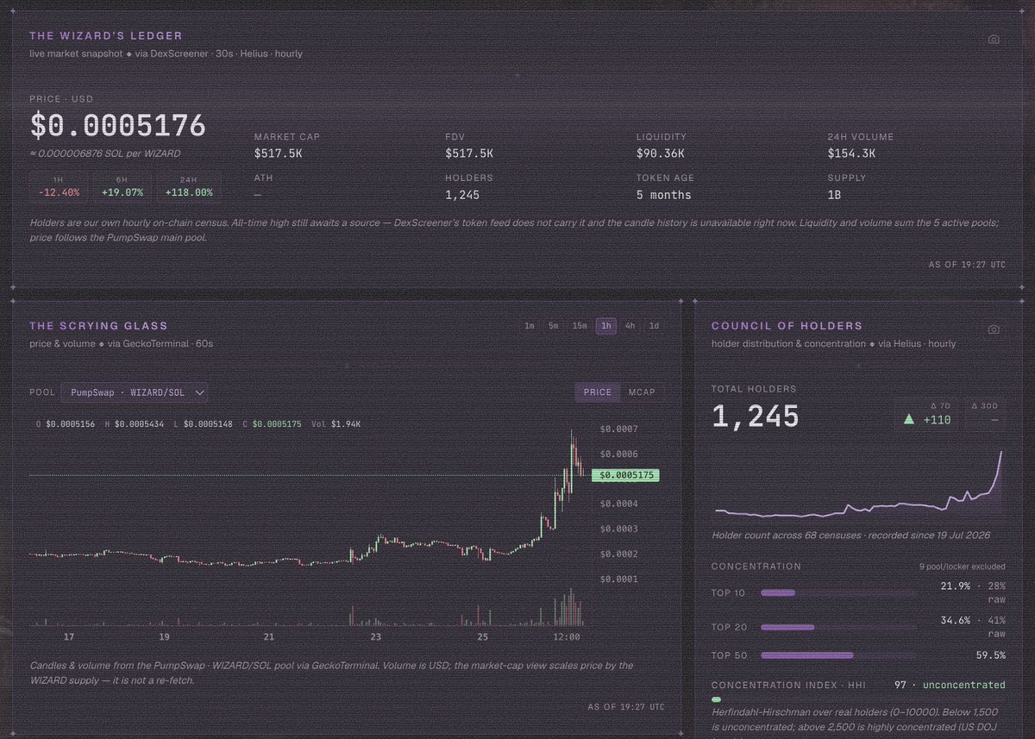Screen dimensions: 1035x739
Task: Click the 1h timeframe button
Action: [x=605, y=326]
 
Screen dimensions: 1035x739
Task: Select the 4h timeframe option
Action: [x=630, y=326]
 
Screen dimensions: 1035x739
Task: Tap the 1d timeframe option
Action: [x=654, y=326]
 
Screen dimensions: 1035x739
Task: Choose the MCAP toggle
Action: [x=642, y=392]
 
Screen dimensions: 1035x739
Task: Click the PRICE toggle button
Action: [x=598, y=392]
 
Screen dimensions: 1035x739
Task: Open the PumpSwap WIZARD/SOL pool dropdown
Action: [x=134, y=392]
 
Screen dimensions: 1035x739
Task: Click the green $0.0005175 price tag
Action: [x=625, y=475]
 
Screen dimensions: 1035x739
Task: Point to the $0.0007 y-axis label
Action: [x=618, y=429]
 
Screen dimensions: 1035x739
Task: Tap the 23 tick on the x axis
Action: [x=376, y=637]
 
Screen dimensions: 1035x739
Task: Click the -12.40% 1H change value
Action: [x=59, y=192]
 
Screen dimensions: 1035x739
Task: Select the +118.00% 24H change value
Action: [x=189, y=192]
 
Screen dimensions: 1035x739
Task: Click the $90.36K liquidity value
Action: [x=661, y=153]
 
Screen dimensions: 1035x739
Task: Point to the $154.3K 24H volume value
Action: [x=851, y=153]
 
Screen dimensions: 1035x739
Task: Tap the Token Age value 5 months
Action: [x=663, y=195]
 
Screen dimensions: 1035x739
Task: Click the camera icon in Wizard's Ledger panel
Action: [x=994, y=40]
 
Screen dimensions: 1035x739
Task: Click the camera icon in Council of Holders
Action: [x=994, y=329]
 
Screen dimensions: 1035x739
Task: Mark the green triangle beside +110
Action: [x=909, y=419]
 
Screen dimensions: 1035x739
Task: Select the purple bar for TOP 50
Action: [x=806, y=655]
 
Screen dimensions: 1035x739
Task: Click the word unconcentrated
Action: [x=964, y=685]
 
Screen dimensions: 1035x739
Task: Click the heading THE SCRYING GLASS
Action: [x=98, y=326]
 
